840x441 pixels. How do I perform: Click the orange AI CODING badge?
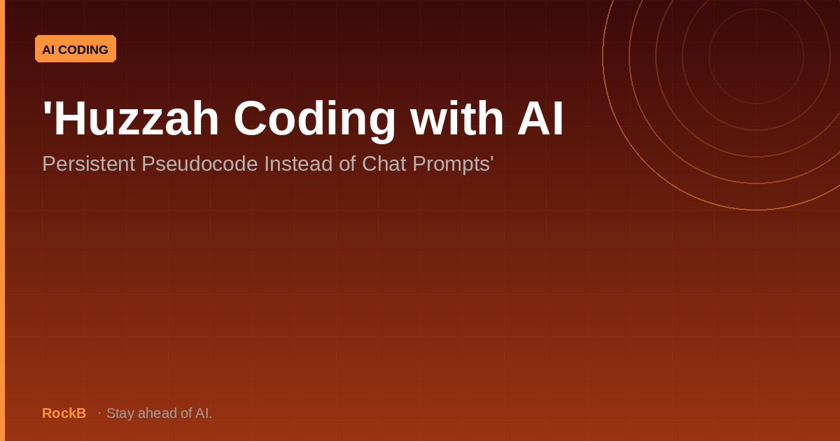pos(76,49)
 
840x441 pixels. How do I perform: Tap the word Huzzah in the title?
pos(135,118)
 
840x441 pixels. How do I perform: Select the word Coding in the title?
pos(314,120)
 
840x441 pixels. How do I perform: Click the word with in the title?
pos(456,118)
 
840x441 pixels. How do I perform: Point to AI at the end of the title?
pos(540,118)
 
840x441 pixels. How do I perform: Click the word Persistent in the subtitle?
pos(88,164)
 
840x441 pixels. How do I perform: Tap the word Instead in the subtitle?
pos(298,164)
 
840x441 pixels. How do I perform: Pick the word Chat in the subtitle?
pos(384,164)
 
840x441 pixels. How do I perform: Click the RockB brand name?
pos(64,413)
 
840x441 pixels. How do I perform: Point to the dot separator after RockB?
pos(99,413)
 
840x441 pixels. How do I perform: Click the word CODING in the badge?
pos(83,50)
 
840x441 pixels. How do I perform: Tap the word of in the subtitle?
pos(347,164)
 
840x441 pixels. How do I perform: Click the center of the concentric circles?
pos(757,56)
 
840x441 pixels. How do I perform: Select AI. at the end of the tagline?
pos(204,413)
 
